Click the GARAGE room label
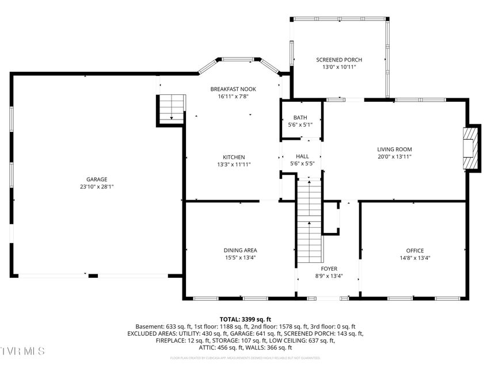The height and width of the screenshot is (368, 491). tap(97, 179)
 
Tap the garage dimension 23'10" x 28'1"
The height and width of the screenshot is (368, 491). tap(97, 187)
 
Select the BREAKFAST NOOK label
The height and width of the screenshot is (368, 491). tap(233, 89)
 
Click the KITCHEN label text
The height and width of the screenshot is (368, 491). tap(234, 157)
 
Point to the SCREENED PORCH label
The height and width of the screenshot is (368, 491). tap(339, 60)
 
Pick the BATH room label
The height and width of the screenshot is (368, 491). tap(300, 117)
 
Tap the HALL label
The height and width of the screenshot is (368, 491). tap(302, 156)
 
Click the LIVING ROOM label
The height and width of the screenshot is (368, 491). tap(394, 149)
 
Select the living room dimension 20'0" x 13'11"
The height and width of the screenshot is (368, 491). tap(394, 157)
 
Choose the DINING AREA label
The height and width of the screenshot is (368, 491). tap(240, 250)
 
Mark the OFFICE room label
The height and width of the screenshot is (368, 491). tap(414, 250)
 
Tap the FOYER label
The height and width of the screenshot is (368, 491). tap(329, 269)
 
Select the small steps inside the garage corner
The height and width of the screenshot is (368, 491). tap(172, 109)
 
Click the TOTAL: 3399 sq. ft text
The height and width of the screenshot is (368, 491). tap(245, 319)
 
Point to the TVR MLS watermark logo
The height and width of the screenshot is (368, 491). tap(23, 351)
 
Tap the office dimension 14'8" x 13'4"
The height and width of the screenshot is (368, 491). tap(414, 258)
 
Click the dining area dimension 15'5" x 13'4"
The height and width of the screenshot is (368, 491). tap(240, 258)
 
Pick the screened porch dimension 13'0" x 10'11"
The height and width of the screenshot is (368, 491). tap(339, 67)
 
